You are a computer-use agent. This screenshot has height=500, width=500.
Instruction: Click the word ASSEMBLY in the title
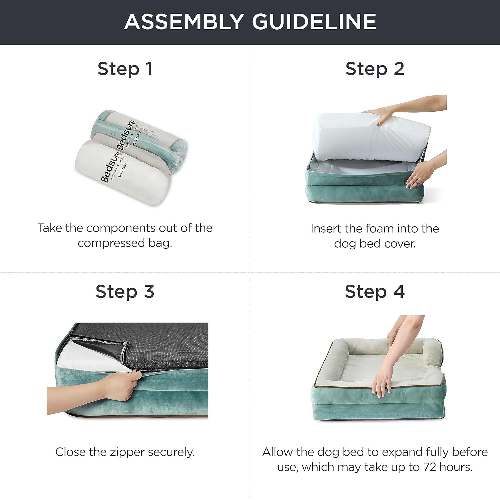pos(184,22)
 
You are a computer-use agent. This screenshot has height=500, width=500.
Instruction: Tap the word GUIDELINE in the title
pos(314,22)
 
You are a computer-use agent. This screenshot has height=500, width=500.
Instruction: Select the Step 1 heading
pos(125,69)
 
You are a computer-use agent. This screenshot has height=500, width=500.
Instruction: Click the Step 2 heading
pos(375,69)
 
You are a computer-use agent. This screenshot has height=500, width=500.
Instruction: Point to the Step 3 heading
pos(125,292)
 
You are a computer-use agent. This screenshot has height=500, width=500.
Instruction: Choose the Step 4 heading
pos(375,292)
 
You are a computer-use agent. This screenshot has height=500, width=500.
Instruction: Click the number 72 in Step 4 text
pos(430,467)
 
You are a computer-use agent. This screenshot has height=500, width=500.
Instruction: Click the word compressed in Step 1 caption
pos(111,243)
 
